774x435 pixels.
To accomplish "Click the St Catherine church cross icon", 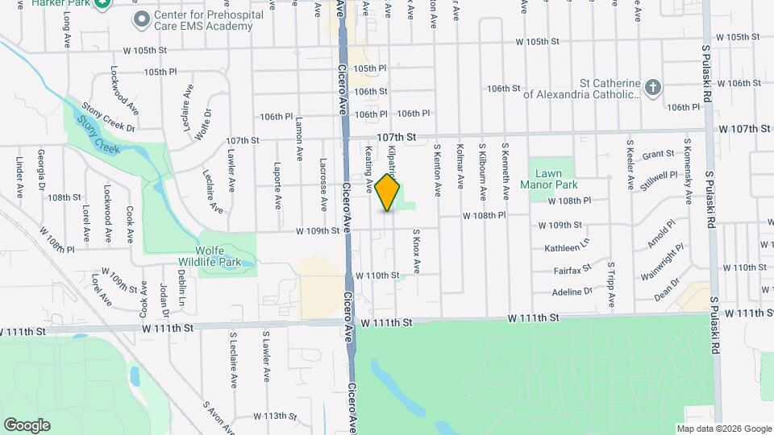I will [653, 87].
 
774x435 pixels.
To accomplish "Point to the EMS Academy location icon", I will [142, 19].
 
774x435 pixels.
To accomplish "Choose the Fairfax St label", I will [573, 267].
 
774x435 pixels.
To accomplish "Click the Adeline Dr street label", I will [573, 292].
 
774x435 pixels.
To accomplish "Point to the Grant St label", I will [658, 153].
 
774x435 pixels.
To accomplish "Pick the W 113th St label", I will [275, 416].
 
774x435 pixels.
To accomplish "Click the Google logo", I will [27, 425].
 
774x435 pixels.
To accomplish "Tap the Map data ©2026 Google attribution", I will [724, 429].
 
